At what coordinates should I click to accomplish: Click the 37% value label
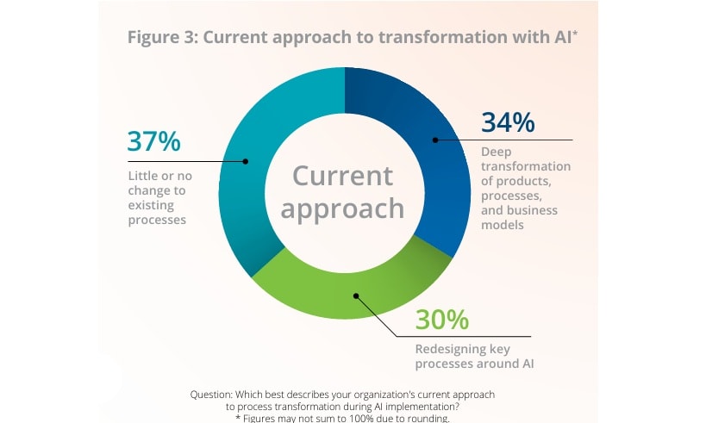[x=154, y=141]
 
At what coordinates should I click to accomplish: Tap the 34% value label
[x=508, y=122]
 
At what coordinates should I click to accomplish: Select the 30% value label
[x=442, y=320]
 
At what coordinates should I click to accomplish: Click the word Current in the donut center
[x=342, y=175]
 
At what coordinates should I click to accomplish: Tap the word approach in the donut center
[x=342, y=208]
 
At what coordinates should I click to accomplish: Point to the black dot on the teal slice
[x=246, y=161]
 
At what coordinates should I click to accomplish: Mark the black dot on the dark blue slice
[x=434, y=140]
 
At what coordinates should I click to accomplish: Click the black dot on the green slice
[x=355, y=295]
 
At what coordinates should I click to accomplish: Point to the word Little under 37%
[x=143, y=176]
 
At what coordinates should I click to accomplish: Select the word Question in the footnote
[x=214, y=394]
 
